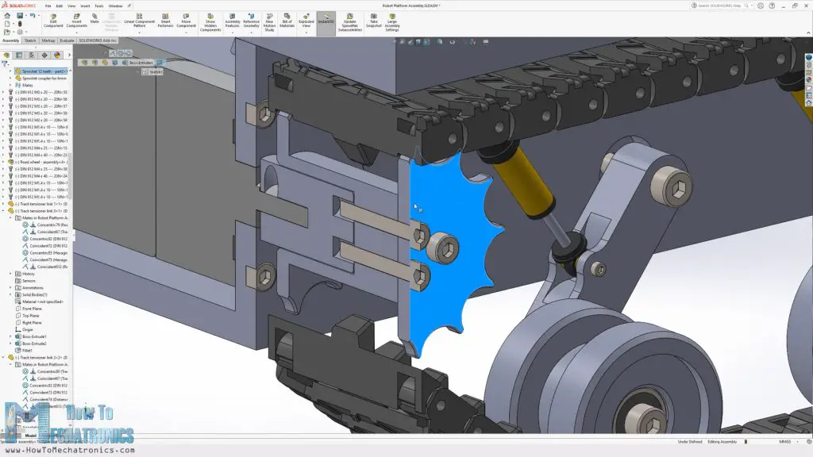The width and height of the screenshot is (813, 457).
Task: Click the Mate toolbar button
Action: [x=94, y=19]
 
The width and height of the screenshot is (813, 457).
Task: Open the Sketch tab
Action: [x=30, y=40]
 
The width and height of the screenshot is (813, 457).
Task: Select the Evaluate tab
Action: [x=67, y=40]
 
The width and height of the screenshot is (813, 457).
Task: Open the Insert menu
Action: [x=85, y=6]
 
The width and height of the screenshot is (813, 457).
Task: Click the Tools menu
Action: [x=99, y=6]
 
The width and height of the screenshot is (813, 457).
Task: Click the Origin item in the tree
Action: [x=28, y=329]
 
